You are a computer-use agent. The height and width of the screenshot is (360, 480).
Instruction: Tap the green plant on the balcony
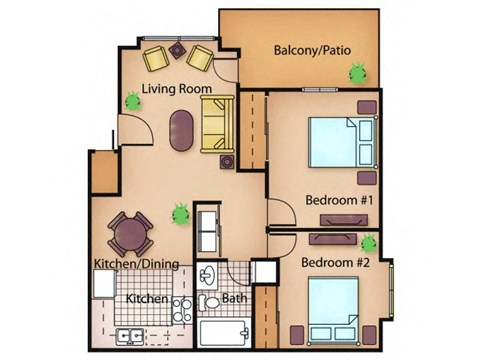356,73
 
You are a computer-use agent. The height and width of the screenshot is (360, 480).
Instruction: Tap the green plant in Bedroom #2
369,242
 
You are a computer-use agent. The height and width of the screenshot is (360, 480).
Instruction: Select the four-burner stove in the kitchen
182,310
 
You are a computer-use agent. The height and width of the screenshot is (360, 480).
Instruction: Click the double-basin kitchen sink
130,336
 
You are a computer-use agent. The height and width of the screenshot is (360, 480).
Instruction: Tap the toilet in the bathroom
211,302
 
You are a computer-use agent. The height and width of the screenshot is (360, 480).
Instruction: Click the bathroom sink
209,275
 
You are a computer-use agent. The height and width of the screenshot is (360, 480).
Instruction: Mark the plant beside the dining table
180,213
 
